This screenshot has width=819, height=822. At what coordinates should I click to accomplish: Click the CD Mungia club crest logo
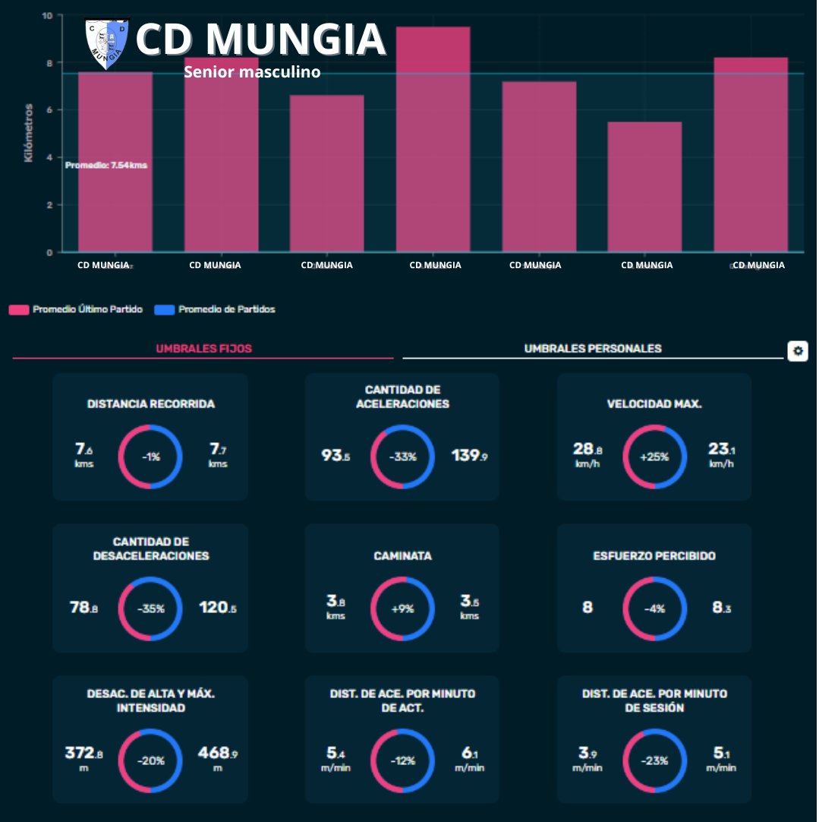click(x=106, y=44)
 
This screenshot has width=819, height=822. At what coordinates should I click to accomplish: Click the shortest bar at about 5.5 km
click(x=644, y=187)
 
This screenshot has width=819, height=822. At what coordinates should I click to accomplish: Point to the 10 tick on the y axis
click(x=47, y=15)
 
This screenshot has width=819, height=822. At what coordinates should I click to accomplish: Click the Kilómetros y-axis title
click(x=28, y=133)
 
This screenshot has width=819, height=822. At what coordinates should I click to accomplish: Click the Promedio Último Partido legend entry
click(x=76, y=310)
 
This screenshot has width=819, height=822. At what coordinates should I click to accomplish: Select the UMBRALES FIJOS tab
click(x=203, y=349)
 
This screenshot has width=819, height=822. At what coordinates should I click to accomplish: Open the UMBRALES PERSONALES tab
click(x=593, y=349)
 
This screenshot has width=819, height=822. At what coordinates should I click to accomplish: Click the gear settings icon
click(x=797, y=351)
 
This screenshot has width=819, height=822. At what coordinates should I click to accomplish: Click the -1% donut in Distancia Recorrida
click(x=150, y=457)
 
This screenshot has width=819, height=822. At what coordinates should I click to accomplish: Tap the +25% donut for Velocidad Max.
click(x=654, y=457)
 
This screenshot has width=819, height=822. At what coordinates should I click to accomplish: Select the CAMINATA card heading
click(x=402, y=556)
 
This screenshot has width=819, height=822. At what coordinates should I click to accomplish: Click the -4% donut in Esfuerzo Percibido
click(x=654, y=609)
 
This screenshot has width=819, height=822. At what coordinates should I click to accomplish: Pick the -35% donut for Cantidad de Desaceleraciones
click(x=150, y=609)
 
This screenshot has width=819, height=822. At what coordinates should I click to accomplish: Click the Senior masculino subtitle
click(x=252, y=72)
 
